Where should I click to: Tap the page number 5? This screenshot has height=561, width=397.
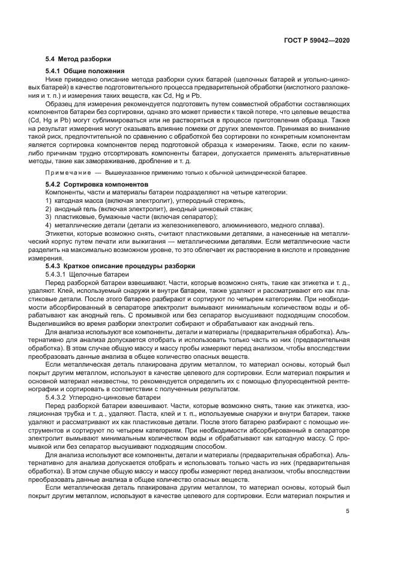tap(348, 511)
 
